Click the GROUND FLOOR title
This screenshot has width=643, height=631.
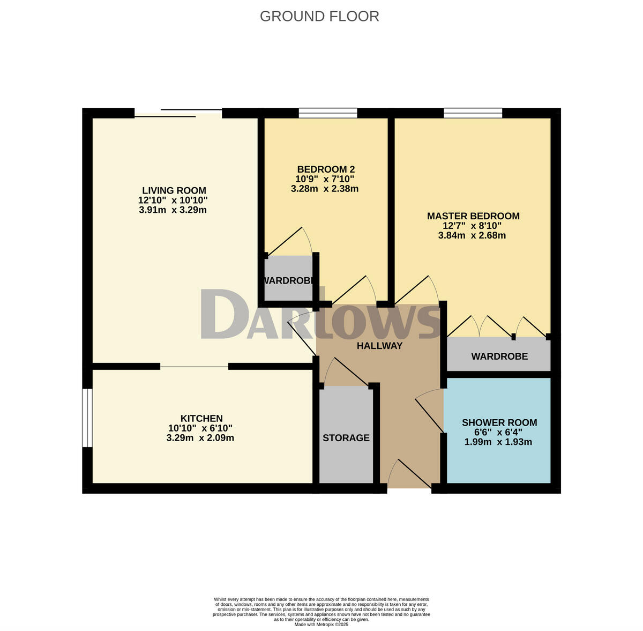pyautogui.click(x=319, y=16)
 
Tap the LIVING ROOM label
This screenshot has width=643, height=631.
pyautogui.click(x=174, y=191)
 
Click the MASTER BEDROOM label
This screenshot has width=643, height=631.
pyautogui.click(x=473, y=216)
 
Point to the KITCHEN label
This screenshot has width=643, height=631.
pyautogui.click(x=201, y=418)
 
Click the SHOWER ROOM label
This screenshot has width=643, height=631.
pyautogui.click(x=499, y=422)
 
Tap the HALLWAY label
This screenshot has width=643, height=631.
pyautogui.click(x=379, y=346)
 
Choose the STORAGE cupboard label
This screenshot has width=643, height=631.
pyautogui.click(x=346, y=437)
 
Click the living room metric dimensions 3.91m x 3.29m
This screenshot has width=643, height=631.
pyautogui.click(x=173, y=210)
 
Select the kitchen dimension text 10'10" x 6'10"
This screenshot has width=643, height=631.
pyautogui.click(x=200, y=428)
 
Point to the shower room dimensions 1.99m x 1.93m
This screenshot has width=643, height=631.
pyautogui.click(x=498, y=442)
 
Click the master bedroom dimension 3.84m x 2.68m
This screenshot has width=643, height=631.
pyautogui.click(x=472, y=235)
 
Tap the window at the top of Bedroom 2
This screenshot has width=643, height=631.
pyautogui.click(x=327, y=113)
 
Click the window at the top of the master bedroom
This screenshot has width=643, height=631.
pyautogui.click(x=473, y=113)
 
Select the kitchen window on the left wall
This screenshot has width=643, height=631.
pyautogui.click(x=87, y=418)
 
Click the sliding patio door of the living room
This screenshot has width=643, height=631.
pyautogui.click(x=178, y=113)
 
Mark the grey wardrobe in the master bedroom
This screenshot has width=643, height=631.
pyautogui.click(x=499, y=355)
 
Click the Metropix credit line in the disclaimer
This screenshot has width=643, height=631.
pyautogui.click(x=322, y=624)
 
